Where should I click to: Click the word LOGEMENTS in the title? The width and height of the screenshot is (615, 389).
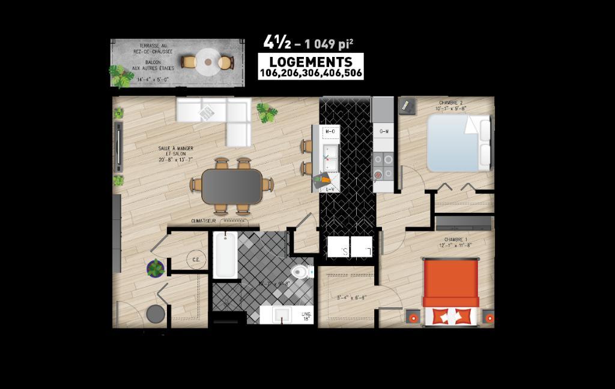point(311,62)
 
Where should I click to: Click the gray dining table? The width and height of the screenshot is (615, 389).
point(232,186)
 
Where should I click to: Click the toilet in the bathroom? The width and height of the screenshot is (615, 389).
point(303,273)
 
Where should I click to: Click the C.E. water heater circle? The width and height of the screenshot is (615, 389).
point(196,260)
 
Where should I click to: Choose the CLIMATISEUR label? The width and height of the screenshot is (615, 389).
point(203,221)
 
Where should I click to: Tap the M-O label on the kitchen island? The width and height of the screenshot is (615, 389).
point(330,131)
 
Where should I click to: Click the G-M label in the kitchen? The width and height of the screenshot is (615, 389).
point(383,131)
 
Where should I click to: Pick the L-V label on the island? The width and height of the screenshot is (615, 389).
point(330,189)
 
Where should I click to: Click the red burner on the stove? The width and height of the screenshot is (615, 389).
point(378,175)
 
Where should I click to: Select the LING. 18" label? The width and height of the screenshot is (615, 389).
point(306,316)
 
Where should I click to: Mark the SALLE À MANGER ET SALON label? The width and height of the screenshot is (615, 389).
point(175,154)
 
